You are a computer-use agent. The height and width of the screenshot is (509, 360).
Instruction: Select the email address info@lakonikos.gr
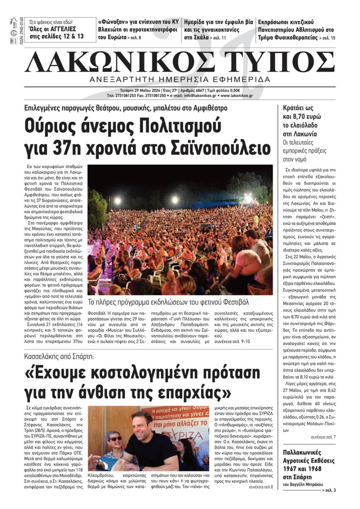click(200, 96)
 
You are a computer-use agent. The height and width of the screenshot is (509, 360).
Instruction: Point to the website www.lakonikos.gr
click(237, 96)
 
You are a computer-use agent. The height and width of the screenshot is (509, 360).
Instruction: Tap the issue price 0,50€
click(234, 90)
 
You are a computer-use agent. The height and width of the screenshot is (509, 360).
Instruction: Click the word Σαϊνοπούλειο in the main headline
click(220, 147)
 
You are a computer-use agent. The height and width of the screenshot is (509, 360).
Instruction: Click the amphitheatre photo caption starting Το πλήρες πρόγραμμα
click(168, 302)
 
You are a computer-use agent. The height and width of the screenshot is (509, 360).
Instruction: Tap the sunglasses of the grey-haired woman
click(115, 439)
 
